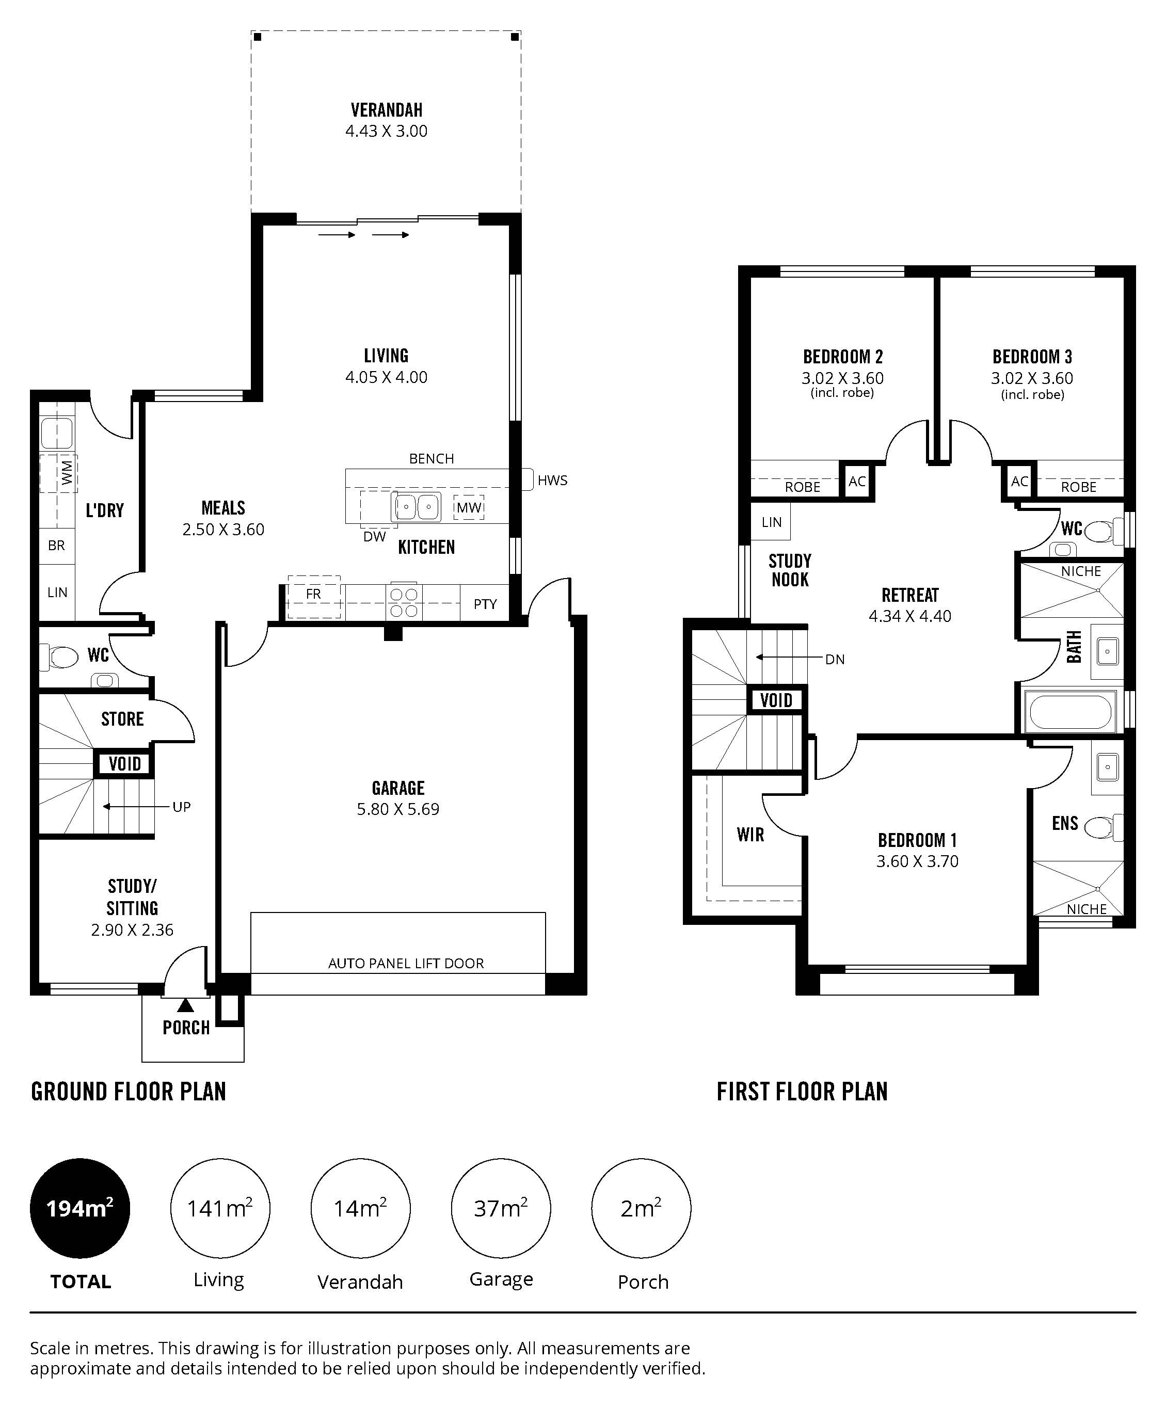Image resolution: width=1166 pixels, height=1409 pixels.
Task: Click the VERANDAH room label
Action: click(387, 109)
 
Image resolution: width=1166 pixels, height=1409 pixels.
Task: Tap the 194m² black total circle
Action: click(80, 1208)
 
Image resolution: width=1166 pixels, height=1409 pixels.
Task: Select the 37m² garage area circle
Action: click(501, 1208)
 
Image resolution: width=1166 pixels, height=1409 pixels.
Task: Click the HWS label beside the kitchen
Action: click(552, 481)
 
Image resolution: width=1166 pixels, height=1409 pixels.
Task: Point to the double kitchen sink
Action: click(416, 507)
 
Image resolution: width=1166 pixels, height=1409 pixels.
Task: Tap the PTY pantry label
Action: click(485, 604)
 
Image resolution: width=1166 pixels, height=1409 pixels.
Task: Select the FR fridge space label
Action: click(313, 594)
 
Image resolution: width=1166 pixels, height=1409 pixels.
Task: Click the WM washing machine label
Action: click(67, 473)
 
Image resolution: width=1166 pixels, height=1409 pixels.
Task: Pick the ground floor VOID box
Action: click(125, 763)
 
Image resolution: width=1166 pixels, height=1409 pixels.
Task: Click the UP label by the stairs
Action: click(182, 807)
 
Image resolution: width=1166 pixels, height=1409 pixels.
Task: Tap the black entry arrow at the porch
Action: click(185, 1005)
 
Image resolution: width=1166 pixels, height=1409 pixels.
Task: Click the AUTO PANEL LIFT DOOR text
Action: click(406, 964)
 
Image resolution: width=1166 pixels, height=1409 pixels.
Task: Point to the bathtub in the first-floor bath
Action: click(1069, 712)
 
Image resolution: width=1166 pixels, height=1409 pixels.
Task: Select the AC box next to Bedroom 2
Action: click(857, 481)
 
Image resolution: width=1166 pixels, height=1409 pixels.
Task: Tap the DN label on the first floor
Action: click(835, 660)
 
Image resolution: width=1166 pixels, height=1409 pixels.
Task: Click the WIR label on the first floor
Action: click(750, 835)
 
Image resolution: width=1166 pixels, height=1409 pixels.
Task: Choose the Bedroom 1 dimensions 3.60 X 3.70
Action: click(917, 861)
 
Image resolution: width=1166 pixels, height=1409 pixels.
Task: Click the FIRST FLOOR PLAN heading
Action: click(802, 1092)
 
